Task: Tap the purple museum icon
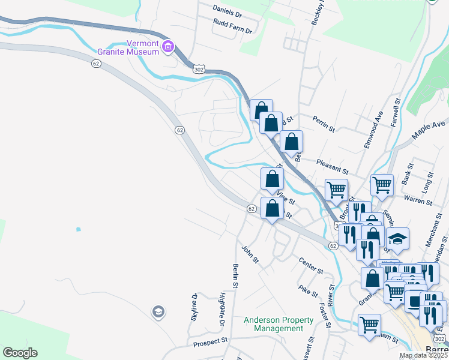(168, 47)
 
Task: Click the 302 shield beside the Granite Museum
(199, 70)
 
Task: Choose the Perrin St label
(323, 124)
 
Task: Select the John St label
(250, 254)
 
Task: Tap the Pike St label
(308, 290)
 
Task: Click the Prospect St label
(211, 344)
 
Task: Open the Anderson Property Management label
(274, 324)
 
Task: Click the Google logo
(20, 353)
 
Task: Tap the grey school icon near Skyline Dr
(158, 311)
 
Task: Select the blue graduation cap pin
(397, 238)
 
